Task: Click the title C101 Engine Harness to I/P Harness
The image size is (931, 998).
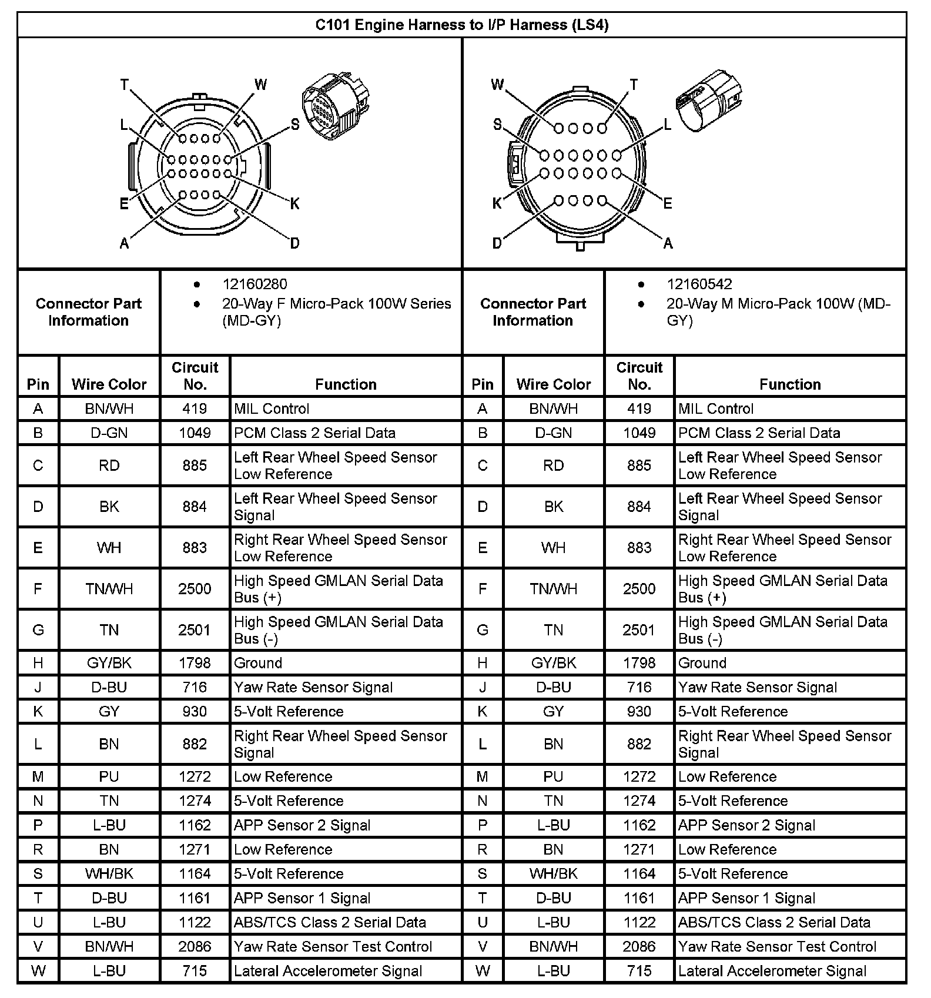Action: coord(461,25)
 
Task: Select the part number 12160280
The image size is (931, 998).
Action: coord(254,284)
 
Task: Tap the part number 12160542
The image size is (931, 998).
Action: coord(699,284)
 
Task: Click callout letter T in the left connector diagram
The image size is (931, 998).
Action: coord(125,85)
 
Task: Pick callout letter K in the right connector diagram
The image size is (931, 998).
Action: coord(497,203)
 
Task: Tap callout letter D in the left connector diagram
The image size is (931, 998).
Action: coord(294,243)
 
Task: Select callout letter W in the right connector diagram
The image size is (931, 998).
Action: coord(497,85)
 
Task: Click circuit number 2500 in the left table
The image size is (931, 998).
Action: coord(195,589)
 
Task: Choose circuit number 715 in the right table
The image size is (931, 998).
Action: coord(639,971)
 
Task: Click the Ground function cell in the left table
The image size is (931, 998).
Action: coord(258,663)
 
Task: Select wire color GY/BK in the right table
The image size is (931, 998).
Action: coord(554,663)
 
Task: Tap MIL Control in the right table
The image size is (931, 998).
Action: coord(715,408)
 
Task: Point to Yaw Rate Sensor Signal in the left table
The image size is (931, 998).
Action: coord(313,687)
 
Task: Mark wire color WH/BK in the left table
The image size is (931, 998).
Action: coord(109,873)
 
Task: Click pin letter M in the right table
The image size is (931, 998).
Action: coord(483,776)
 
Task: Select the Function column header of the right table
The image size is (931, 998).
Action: coord(790,384)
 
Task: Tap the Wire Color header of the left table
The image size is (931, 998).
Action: coord(109,384)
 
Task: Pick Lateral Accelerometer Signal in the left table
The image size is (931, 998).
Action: coord(328,971)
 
